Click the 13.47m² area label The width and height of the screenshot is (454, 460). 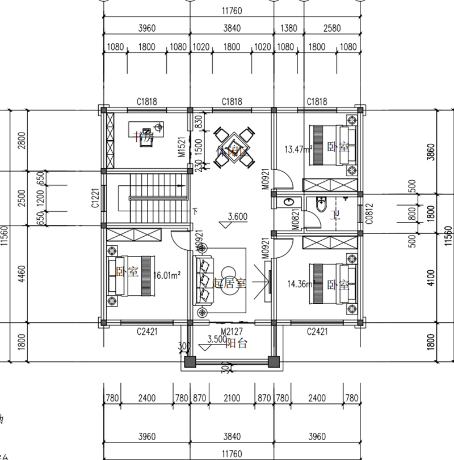point(297,150)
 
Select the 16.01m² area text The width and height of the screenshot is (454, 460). point(167,275)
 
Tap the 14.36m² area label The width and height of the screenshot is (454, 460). point(301,284)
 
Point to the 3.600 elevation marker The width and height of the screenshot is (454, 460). point(238,216)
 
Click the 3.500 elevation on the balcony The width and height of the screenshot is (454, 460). point(217,340)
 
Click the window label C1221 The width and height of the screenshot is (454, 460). point(94,198)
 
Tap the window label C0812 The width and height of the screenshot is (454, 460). point(369,211)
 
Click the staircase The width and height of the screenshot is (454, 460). point(152,198)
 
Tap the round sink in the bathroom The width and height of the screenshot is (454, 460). point(289,202)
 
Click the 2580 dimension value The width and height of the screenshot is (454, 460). point(332,28)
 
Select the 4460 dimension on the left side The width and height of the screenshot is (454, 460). point(22,274)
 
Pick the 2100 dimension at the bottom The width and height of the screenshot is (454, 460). point(232,399)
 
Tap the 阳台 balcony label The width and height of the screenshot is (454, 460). point(237,343)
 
